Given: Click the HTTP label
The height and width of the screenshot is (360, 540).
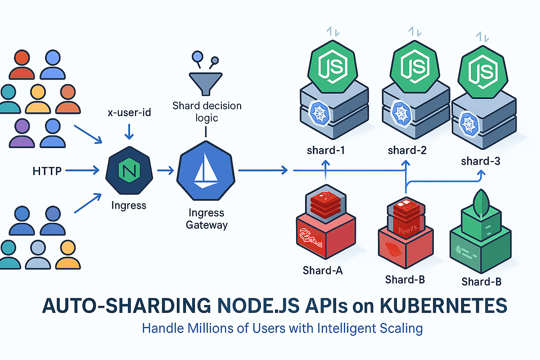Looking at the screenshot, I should [x=47, y=171].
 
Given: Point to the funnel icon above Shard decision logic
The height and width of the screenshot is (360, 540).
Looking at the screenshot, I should [x=205, y=81].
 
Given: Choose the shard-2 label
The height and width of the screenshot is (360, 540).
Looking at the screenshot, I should [x=407, y=150].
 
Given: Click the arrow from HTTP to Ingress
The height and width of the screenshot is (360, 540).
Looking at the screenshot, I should [x=84, y=171].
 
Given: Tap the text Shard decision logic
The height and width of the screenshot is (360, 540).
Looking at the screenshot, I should [x=207, y=112].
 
